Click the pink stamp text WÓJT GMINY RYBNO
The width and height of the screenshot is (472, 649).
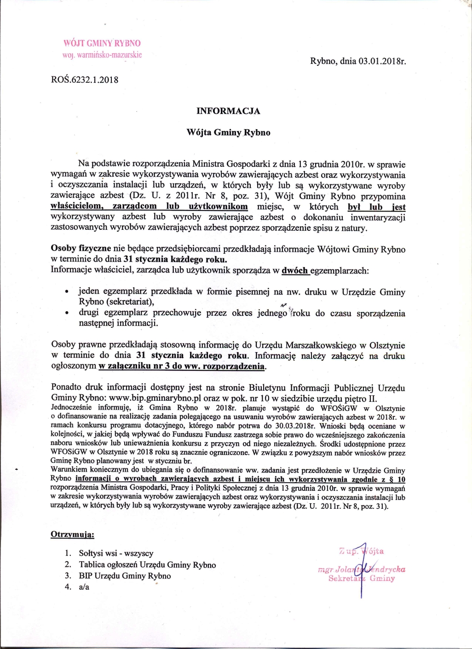tap(102, 43)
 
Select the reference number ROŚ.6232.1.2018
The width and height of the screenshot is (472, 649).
tap(84, 80)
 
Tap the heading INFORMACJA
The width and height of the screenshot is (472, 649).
tap(228, 111)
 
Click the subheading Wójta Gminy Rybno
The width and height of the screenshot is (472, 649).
tap(228, 132)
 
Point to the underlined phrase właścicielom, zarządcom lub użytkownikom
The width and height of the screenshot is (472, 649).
tap(149, 206)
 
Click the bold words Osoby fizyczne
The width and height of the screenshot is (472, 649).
tap(81, 249)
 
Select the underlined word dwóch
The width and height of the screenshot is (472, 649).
tap(295, 270)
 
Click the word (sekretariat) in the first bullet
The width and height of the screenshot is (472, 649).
tap(130, 302)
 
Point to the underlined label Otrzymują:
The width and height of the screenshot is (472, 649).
tap(72, 535)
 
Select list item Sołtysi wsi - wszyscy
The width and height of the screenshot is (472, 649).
tap(116, 553)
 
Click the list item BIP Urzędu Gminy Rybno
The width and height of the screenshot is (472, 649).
tap(125, 576)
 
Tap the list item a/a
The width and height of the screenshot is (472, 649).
tap(84, 587)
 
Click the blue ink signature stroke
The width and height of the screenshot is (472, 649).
tap(361, 570)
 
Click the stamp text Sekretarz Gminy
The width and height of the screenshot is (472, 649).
tap(362, 578)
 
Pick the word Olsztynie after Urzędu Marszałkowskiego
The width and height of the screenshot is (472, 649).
tap(383, 345)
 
